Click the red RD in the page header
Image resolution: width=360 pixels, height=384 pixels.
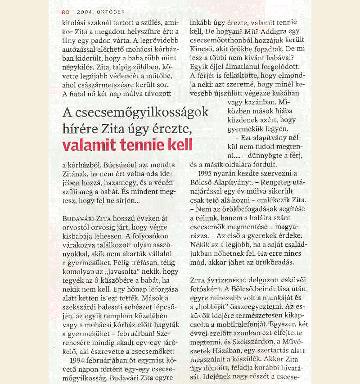coord(66,12)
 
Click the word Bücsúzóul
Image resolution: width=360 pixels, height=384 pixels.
coord(111,166)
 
